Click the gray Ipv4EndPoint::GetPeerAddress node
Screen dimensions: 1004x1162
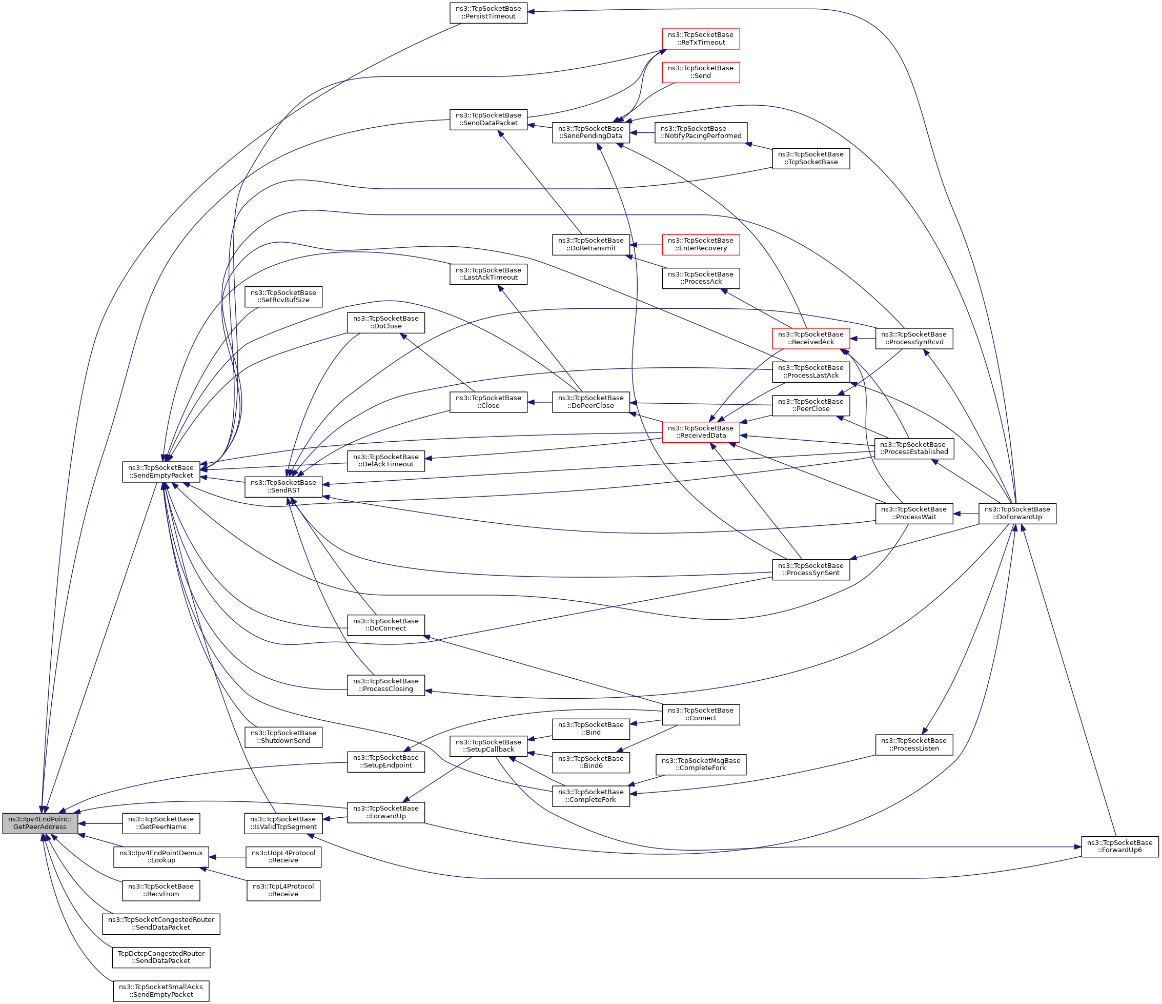[x=40, y=823]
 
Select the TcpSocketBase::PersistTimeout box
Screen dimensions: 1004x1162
[x=488, y=12]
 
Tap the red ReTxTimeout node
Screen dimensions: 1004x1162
[x=701, y=38]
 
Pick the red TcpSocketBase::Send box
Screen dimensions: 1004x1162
[x=701, y=72]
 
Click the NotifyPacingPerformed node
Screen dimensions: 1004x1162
[x=701, y=132]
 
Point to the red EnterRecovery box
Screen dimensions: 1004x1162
[x=701, y=244]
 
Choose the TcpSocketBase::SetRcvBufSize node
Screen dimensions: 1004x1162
[x=283, y=297]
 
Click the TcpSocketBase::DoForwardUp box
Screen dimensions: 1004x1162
[x=1017, y=514]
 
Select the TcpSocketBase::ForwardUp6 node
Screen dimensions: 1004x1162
[x=1119, y=847]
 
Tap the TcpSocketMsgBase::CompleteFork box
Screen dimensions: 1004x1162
[x=701, y=764]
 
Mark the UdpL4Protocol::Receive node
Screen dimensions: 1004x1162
[x=283, y=857]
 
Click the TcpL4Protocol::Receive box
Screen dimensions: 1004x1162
[x=283, y=890]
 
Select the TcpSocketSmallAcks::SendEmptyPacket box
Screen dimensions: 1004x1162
[x=161, y=991]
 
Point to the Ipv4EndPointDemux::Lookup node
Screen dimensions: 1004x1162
[x=161, y=856]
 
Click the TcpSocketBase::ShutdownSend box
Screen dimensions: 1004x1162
[x=283, y=737]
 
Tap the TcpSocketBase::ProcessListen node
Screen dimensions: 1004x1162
[x=914, y=745]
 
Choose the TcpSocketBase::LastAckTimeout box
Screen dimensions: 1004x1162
[x=488, y=274]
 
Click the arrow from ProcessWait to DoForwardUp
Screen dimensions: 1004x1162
[x=966, y=514]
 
